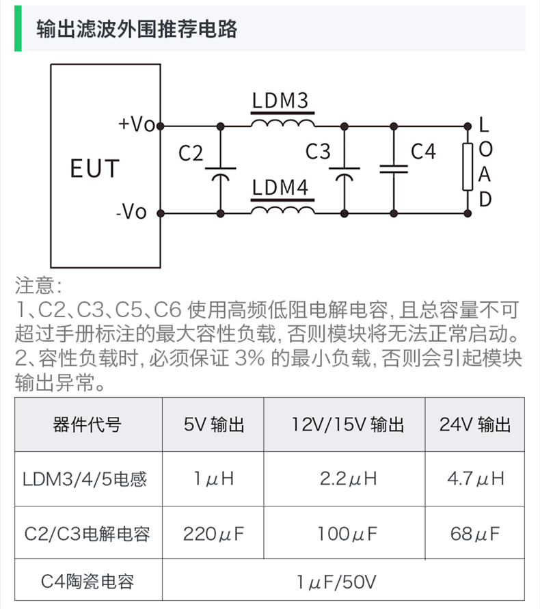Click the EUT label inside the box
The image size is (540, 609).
click(x=95, y=168)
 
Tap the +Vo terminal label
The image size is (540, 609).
click(x=137, y=124)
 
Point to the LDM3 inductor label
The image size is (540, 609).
click(x=280, y=100)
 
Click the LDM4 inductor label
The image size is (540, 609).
click(x=280, y=187)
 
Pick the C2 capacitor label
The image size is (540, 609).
click(x=191, y=153)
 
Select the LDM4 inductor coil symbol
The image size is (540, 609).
click(x=282, y=208)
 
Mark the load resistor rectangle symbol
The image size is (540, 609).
click(x=468, y=167)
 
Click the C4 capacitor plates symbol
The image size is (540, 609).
click(x=393, y=168)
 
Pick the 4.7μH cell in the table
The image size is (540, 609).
click(x=475, y=478)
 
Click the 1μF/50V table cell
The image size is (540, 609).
click(x=337, y=582)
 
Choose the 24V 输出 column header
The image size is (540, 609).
click(x=475, y=424)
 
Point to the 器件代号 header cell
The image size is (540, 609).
click(x=87, y=424)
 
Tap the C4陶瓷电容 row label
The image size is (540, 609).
click(x=87, y=582)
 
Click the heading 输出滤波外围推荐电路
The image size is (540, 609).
click(x=137, y=29)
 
